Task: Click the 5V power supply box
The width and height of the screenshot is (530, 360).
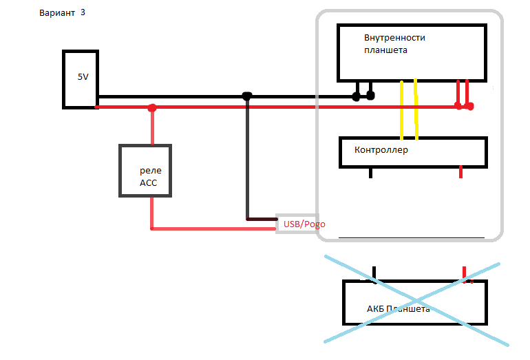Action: click(x=81, y=78)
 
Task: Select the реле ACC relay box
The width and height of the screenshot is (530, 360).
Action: click(x=145, y=171)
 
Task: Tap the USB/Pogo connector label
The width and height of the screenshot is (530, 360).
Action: click(x=301, y=224)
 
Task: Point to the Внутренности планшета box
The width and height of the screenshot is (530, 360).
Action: click(x=412, y=53)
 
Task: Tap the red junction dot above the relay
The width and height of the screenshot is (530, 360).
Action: click(x=152, y=108)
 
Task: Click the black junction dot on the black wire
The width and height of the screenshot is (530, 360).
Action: click(x=247, y=96)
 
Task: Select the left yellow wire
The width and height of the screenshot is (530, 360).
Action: click(x=401, y=110)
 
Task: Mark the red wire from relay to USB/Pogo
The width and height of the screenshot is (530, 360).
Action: click(x=206, y=228)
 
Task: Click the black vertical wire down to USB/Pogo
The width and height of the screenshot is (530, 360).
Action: click(x=246, y=158)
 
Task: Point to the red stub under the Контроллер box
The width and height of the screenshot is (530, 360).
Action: click(x=460, y=173)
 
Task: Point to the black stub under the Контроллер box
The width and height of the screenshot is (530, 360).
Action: click(x=370, y=173)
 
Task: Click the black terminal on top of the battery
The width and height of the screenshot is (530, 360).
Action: click(x=374, y=273)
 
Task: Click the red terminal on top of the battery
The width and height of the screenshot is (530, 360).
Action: click(x=465, y=273)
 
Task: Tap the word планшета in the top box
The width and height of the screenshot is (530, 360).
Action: click(x=386, y=50)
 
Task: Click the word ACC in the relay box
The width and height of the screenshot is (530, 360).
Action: click(x=149, y=182)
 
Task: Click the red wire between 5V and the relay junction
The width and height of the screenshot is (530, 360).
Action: click(x=124, y=107)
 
